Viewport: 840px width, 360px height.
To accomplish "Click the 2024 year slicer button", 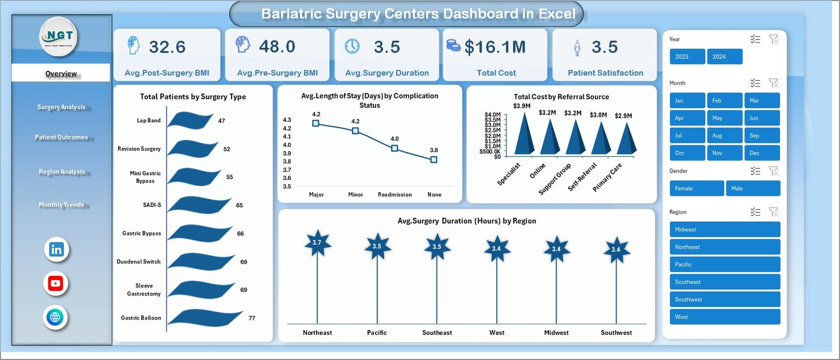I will [x=724, y=57].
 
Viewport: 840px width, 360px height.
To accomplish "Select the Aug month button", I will [x=724, y=135].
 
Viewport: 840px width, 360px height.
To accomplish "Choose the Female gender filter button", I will [x=696, y=188].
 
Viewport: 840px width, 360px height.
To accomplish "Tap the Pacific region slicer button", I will [x=724, y=264].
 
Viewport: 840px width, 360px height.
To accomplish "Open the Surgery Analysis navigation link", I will [x=61, y=107].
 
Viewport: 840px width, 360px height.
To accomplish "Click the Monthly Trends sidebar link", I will [x=61, y=205].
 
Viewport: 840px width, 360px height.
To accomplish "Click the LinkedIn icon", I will [x=56, y=250].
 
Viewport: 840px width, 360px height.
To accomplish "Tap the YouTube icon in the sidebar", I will [x=56, y=284].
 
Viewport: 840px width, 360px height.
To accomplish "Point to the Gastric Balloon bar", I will [x=205, y=317].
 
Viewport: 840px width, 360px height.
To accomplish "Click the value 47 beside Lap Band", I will [x=222, y=121].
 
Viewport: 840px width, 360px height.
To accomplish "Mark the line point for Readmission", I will [x=395, y=149].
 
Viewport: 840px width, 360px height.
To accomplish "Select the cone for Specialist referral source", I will [x=524, y=135].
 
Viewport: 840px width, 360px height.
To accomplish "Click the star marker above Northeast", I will [x=317, y=243].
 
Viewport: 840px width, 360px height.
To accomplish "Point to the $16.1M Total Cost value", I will [x=495, y=47].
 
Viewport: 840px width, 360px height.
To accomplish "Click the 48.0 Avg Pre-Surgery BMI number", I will [x=277, y=47].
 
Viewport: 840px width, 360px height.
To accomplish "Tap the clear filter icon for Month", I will [x=773, y=83].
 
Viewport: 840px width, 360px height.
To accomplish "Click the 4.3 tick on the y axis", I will [x=287, y=120].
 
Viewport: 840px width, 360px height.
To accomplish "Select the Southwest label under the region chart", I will [x=616, y=333].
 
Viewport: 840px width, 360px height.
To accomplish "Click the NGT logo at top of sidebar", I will [x=59, y=36].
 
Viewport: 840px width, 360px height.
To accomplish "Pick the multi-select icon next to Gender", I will [x=755, y=171].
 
